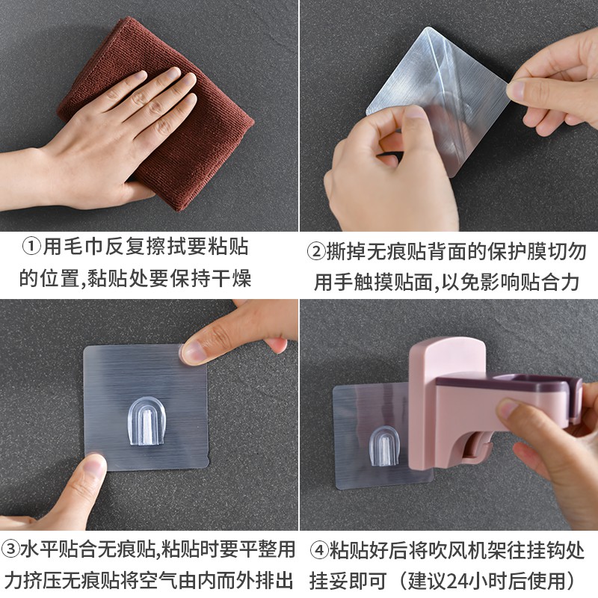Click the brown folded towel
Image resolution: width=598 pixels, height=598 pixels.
click(160, 114)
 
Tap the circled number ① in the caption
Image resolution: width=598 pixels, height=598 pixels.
click(31, 247)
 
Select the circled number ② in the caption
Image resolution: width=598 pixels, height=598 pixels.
click(316, 252)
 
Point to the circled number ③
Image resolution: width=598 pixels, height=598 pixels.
click(10, 549)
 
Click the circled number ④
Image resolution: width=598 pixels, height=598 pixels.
click(319, 551)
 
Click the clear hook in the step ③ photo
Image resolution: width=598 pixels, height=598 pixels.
click(147, 421)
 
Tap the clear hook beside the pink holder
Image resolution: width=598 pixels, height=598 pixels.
click(384, 446)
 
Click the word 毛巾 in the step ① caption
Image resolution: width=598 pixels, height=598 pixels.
click(73, 247)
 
